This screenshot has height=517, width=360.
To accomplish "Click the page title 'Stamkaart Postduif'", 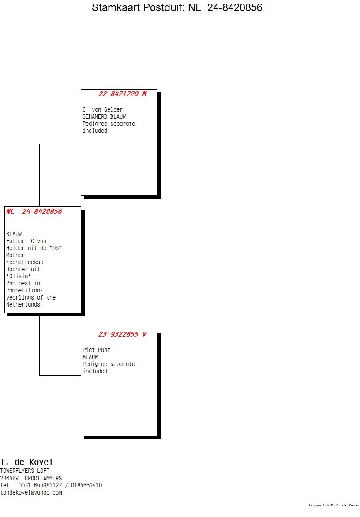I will tap(177, 7).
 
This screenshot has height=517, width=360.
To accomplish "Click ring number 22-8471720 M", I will tap(122, 94).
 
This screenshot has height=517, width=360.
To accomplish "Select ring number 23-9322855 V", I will tap(122, 334).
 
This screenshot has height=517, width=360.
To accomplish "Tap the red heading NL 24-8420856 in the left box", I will tap(34, 211).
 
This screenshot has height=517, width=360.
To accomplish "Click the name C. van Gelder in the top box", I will tap(102, 109).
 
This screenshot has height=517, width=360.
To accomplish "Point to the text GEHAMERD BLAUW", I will tap(104, 116).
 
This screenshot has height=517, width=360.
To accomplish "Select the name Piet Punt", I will tap(96, 350).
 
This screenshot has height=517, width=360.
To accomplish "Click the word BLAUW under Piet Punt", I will tap(90, 357).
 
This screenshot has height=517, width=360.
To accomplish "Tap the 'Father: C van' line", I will tap(26, 241).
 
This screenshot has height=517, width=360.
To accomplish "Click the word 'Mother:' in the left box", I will tap(17, 255).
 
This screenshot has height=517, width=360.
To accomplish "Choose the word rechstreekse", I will tap(25, 262).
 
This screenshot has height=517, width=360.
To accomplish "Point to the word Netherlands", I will tap(23, 304).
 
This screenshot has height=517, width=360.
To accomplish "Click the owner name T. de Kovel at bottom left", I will tap(26, 462).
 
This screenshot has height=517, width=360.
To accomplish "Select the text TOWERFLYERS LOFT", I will tap(25, 471).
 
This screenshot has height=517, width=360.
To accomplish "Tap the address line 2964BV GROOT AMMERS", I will tap(31, 478).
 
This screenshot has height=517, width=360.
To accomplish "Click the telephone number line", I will tap(51, 485).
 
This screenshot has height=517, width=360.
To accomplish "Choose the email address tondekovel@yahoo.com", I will tap(31, 492).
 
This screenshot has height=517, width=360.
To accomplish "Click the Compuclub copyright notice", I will tap(334, 505).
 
